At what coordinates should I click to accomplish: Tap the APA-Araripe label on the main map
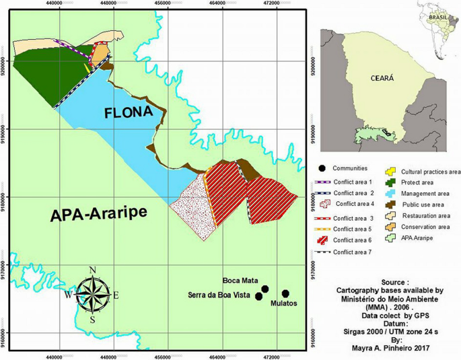click(98, 215)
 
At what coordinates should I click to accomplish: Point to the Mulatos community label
click(283, 303)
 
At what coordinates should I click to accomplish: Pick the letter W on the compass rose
click(68, 295)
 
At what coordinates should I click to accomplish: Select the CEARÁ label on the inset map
click(382, 78)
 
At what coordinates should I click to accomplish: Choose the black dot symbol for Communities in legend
click(323, 168)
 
